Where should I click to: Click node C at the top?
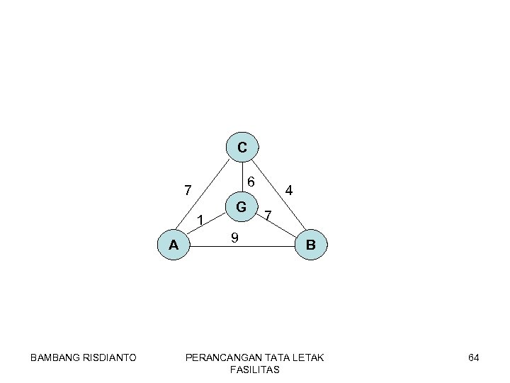click(x=242, y=148)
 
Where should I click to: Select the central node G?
click(x=242, y=207)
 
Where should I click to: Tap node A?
click(x=174, y=245)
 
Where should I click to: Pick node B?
click(x=311, y=245)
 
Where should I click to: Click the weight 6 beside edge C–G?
click(x=251, y=181)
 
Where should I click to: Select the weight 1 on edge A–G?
click(x=200, y=221)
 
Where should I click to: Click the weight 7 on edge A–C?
click(x=187, y=190)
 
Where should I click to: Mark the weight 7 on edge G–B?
click(x=268, y=215)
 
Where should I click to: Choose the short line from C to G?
click(x=242, y=177)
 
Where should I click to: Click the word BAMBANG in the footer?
click(x=55, y=357)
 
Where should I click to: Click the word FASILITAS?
click(x=254, y=370)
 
